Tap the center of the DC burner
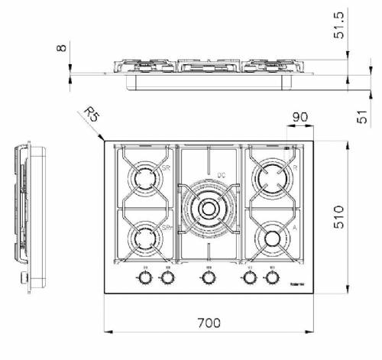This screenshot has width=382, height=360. pos(207,208)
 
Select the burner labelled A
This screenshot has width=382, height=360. pos(273,238)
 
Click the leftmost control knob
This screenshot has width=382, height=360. pos(144,277)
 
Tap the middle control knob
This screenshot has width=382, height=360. pos(207,277)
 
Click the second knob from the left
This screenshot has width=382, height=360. pos(167,277)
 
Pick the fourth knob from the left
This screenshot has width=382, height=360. pos(249,277)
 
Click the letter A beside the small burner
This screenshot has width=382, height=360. pos(294,226)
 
